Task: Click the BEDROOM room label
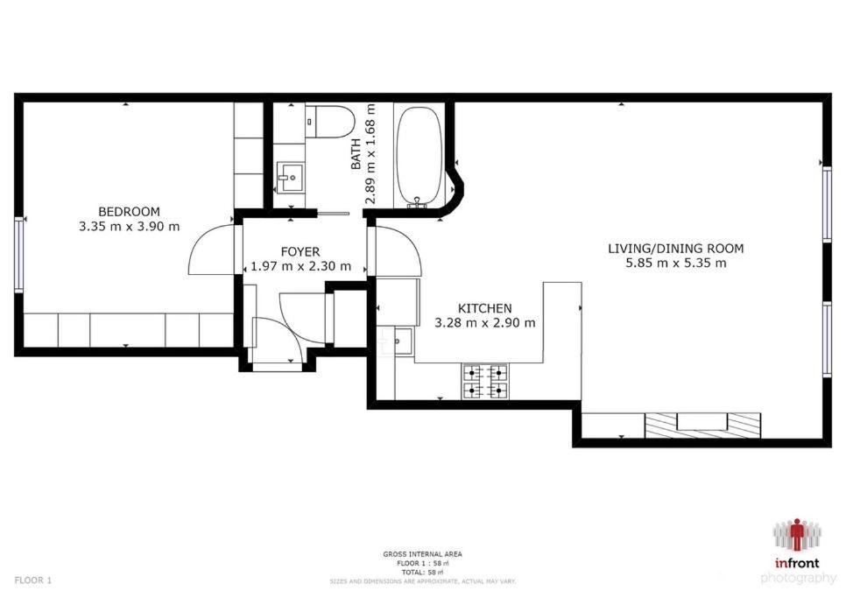[x=129, y=212]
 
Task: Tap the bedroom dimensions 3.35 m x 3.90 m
[x=130, y=227]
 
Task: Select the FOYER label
[x=300, y=252]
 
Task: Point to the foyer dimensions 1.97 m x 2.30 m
[x=301, y=266]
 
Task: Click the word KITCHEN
[x=484, y=308]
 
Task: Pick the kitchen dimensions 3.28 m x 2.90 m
[x=485, y=323]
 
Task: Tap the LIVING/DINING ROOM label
[x=676, y=249]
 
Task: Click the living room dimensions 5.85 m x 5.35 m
[x=676, y=264]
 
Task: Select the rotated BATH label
[x=356, y=155]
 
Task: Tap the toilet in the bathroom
[x=328, y=122]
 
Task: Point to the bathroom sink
[x=290, y=177]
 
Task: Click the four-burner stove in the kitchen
[x=485, y=382]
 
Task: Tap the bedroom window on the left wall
[x=19, y=255]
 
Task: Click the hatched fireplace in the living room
[x=703, y=426]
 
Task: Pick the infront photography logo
[x=798, y=552]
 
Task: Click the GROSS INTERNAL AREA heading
[x=422, y=553]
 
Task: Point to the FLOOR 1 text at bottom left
[x=33, y=580]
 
